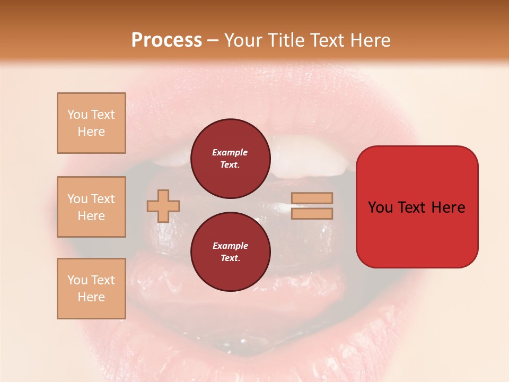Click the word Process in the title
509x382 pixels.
tap(166, 40)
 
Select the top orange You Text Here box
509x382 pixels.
tap(91, 123)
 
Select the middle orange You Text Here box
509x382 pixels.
tap(91, 207)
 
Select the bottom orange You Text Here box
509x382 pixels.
tap(91, 289)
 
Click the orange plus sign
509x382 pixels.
tap(163, 206)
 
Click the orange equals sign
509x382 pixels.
tap(312, 206)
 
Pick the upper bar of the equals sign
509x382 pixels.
tap(312, 198)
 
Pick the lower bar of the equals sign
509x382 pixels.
tap(312, 213)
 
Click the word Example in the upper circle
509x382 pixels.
tap(230, 152)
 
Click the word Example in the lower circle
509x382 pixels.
tap(230, 246)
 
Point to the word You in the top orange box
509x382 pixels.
tap(77, 115)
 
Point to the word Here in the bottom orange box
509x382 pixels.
tap(91, 297)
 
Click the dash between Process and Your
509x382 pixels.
tap(213, 40)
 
